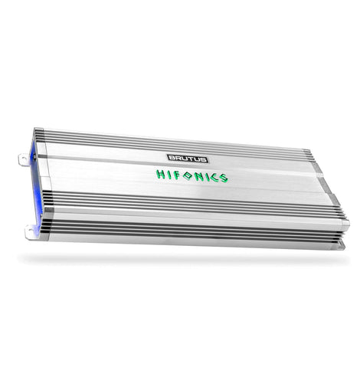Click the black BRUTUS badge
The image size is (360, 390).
point(188,159)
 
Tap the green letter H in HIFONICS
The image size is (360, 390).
point(161,174)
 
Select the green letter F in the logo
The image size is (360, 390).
point(177,175)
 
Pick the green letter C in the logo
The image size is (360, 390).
point(214,177)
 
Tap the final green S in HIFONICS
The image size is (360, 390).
point(223,178)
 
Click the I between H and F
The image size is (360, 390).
point(169,175)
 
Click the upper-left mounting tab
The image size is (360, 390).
point(25,160)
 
